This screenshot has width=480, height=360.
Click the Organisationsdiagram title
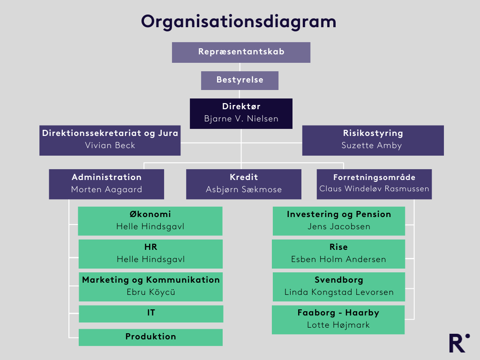tap(239, 22)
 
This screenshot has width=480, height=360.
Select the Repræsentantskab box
tap(241, 52)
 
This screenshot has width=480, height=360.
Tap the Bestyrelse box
tap(240, 80)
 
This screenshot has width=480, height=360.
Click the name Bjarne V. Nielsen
tap(241, 119)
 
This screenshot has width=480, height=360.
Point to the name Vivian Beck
tap(110, 145)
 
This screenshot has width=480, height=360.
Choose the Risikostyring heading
tap(373, 133)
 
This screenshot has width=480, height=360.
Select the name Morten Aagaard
tap(106, 189)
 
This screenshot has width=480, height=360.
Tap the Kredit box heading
tap(244, 177)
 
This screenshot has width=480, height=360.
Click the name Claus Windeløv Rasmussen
tap(374, 189)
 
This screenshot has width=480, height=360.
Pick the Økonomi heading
tap(150, 214)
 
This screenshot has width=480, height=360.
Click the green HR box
tap(150, 254)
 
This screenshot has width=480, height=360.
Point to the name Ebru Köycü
tap(150, 292)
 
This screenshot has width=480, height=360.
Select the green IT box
tap(151, 313)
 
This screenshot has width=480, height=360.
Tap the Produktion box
tap(150, 337)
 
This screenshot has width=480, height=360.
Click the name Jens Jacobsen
tap(339, 226)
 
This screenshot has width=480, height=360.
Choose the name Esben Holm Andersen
tap(338, 259)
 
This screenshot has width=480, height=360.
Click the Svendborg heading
tap(339, 280)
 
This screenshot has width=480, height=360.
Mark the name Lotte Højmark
tap(338, 325)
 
